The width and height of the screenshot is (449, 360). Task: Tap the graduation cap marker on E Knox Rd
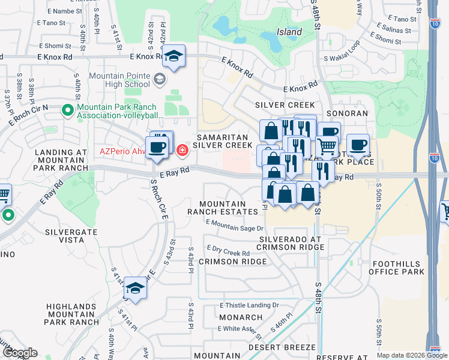click(x=174, y=57)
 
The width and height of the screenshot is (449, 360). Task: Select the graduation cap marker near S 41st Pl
click(x=136, y=289)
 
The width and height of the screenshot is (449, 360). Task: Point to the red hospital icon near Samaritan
click(x=181, y=148)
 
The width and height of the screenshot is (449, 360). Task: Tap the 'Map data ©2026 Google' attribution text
click(x=412, y=355)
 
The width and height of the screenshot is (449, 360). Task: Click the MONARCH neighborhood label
click(x=240, y=317)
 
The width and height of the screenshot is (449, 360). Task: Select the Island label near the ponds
click(x=289, y=31)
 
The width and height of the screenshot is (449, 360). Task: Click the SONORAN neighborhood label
click(x=346, y=113)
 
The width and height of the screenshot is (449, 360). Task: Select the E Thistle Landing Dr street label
click(x=250, y=305)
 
